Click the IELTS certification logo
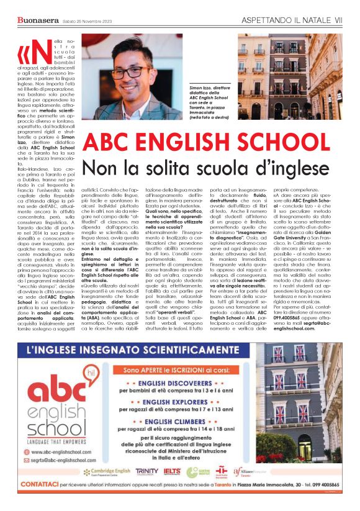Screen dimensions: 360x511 [173, 471]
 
